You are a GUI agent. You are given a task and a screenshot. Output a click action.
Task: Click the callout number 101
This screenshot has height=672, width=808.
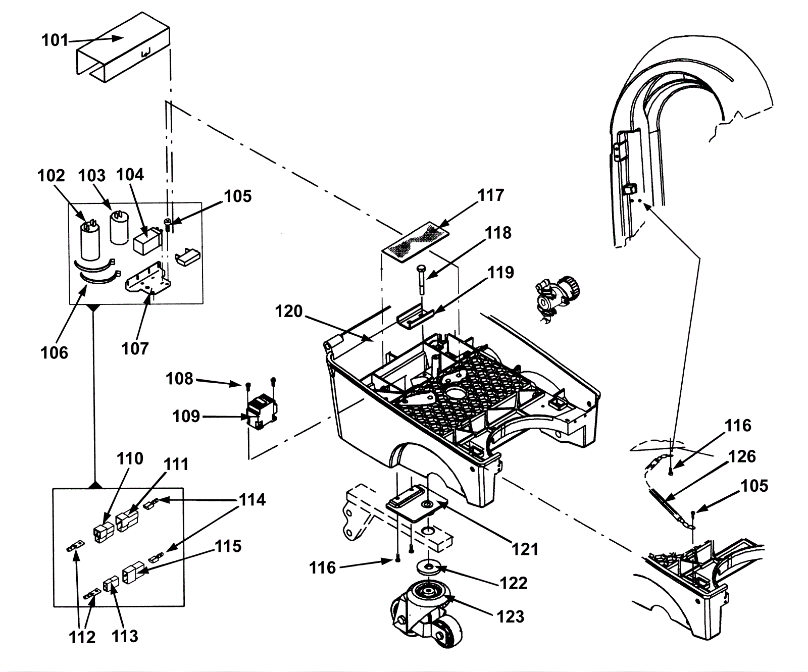pyautogui.click(x=54, y=40)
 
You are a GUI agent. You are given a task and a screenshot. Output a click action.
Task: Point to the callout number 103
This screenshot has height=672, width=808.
pyautogui.click(x=91, y=176)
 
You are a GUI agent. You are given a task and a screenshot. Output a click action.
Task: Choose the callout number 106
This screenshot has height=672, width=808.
pyautogui.click(x=54, y=352)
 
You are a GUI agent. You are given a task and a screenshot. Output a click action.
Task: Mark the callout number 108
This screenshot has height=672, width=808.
pyautogui.click(x=179, y=379)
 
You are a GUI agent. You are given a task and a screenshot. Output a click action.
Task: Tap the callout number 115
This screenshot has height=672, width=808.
pyautogui.click(x=228, y=546)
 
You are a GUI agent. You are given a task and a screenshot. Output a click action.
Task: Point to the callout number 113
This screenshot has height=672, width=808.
pyautogui.click(x=125, y=636)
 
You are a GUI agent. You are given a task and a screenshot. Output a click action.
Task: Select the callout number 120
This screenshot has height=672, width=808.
pyautogui.click(x=288, y=312)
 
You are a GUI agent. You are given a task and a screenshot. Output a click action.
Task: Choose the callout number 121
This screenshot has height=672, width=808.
pyautogui.click(x=525, y=549)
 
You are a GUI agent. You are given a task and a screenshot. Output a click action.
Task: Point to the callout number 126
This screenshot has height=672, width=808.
pyautogui.click(x=742, y=456)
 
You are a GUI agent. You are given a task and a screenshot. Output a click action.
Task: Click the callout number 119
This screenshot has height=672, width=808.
pyautogui.click(x=500, y=273)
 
